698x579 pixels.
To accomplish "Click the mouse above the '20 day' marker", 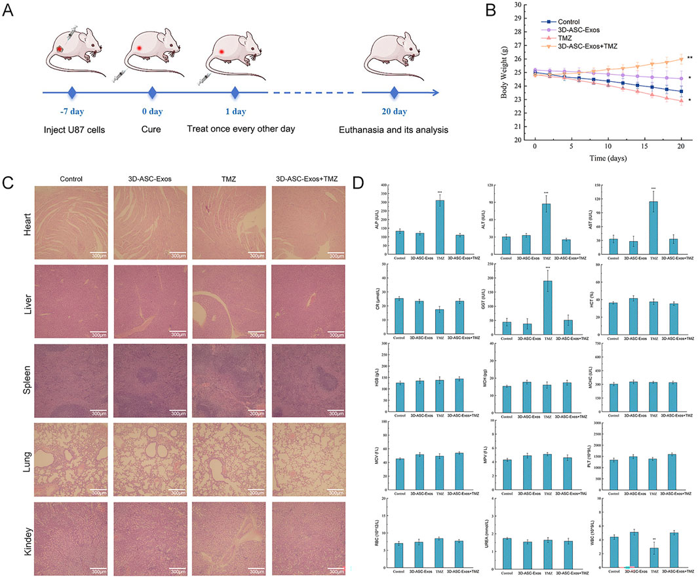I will click(393, 55).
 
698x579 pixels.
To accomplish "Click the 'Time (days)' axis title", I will click(601, 159).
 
